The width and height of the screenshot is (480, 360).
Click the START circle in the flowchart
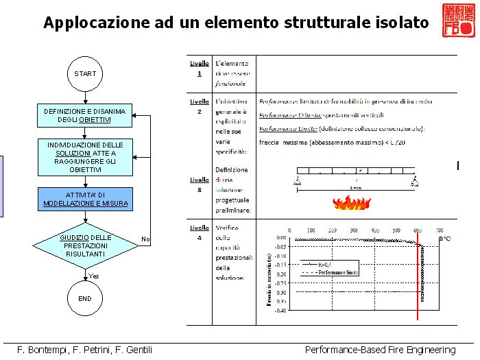pyautogui.click(x=85, y=73)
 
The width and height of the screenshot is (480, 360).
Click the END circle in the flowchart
pyautogui.click(x=85, y=299)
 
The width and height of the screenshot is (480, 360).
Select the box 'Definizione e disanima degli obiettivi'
pyautogui.click(x=85, y=116)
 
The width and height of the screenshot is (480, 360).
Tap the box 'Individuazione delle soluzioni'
pyautogui.click(x=85, y=157)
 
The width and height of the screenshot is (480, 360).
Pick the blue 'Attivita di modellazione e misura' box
pyautogui.click(x=85, y=199)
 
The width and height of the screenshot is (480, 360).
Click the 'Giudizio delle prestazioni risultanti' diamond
pyautogui.click(x=85, y=245)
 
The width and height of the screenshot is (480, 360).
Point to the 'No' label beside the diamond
pyautogui.click(x=145, y=239)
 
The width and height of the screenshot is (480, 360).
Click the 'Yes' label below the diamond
pyautogui.click(x=93, y=276)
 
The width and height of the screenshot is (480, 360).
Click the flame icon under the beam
pyautogui.click(x=351, y=202)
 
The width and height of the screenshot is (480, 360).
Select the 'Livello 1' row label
pyautogui.click(x=200, y=68)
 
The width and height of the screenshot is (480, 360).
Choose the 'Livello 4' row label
pyautogui.click(x=200, y=232)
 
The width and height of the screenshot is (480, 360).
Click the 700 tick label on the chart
pyautogui.click(x=438, y=231)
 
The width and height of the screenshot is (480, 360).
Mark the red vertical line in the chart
pyautogui.click(x=418, y=274)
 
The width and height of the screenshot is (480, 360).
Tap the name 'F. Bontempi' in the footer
pyautogui.click(x=35, y=350)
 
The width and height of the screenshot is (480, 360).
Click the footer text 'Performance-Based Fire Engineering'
pyautogui.click(x=380, y=350)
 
